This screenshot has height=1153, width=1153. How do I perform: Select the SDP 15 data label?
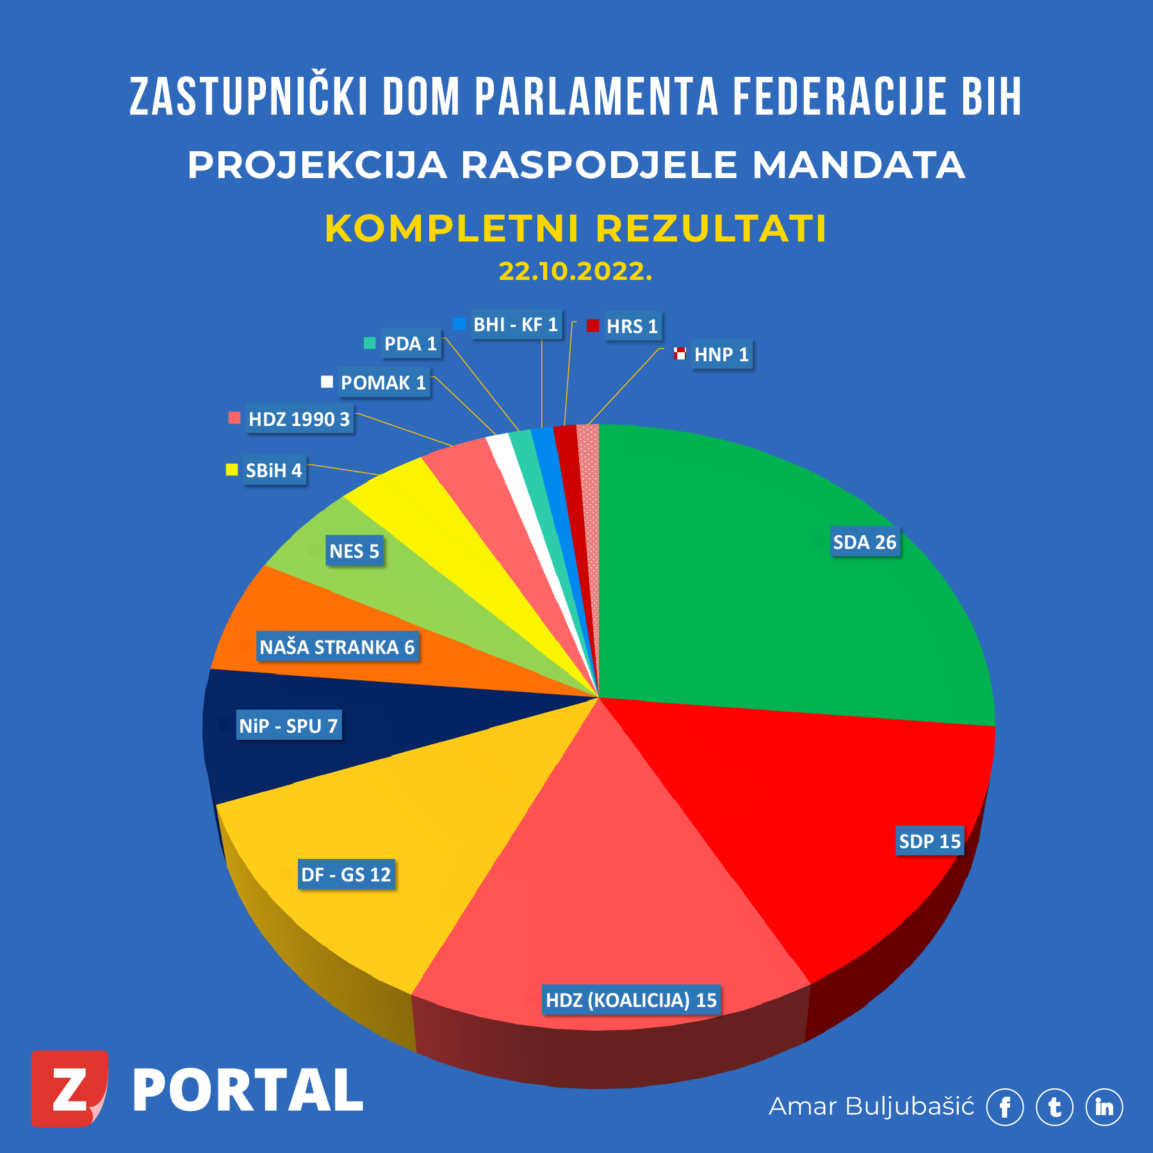pos(929,841)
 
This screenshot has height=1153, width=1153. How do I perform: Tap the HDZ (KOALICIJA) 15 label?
pos(631,1000)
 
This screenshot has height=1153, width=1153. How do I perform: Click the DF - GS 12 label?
pos(346,874)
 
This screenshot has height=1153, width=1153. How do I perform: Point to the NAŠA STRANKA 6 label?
pos(338,647)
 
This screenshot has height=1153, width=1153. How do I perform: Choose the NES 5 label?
pos(354,551)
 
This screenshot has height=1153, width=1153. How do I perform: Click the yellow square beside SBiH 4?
pos(232,470)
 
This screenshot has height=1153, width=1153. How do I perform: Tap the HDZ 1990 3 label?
pos(299,420)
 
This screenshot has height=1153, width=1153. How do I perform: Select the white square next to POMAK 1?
pos(327,382)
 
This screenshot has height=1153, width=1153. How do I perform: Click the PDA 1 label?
pos(411,344)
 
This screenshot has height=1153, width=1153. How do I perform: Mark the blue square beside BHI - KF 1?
pos(459,324)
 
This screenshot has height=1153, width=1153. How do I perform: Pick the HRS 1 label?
pos(632,326)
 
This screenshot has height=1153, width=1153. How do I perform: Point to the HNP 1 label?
pos(721,354)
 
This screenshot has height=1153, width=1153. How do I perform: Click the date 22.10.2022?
pos(575,272)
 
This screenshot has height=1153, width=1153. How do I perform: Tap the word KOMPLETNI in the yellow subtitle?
pos(452,229)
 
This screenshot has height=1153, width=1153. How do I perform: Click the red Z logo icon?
pos(69,1088)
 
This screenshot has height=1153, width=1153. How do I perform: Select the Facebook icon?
pos(1004,1107)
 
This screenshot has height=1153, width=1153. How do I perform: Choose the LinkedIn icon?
pos(1104,1107)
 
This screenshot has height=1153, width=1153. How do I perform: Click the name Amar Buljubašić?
pos(871,1106)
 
